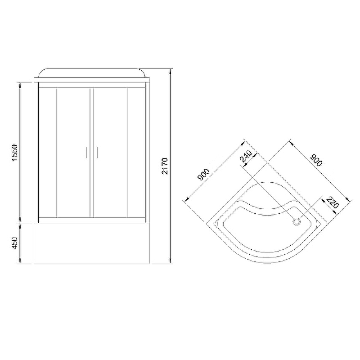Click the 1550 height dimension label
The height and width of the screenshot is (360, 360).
14,154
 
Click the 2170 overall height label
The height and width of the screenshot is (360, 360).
164,166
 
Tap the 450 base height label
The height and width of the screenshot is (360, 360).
14,243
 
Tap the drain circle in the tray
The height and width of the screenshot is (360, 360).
297,221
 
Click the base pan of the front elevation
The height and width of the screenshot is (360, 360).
92,243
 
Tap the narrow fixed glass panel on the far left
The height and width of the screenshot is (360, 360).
48,153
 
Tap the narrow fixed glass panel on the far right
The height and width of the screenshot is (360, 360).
136,153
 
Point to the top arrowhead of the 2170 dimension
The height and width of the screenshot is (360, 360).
171,71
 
